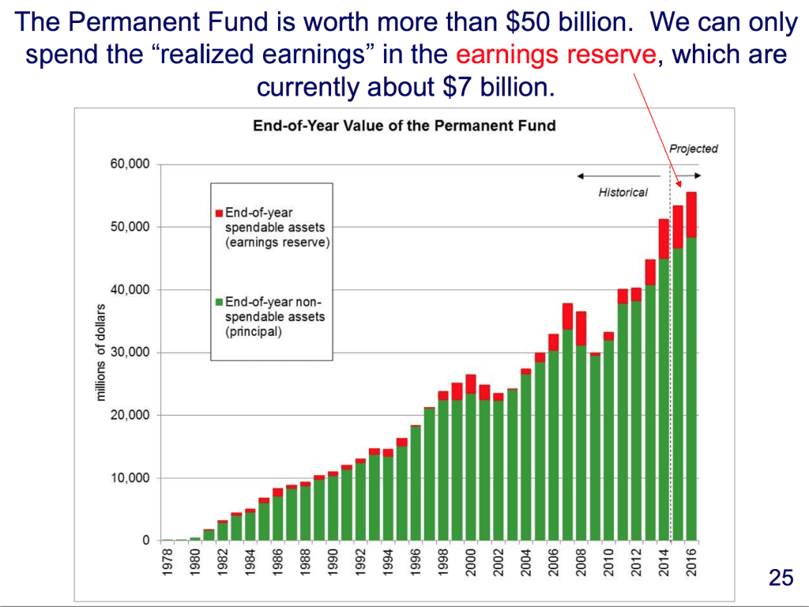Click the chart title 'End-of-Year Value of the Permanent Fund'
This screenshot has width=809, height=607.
pos(404,126)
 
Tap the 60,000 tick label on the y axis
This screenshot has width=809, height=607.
pos(130,164)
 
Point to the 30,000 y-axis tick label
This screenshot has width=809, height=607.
pos(130,353)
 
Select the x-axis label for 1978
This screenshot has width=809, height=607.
pos(167,563)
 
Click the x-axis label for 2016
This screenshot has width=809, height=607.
pos(692,563)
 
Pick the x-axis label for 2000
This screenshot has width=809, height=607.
pos(471,563)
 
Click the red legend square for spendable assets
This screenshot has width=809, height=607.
pos(219,213)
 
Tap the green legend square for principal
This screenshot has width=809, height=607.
pos(219,302)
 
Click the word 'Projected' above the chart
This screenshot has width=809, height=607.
pos(693,149)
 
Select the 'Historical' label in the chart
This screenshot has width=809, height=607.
pos(623,192)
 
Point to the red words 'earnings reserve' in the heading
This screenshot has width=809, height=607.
pos(556,55)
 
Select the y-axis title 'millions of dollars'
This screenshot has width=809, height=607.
pos(101,353)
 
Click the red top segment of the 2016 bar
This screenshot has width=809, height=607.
pos(691,214)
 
